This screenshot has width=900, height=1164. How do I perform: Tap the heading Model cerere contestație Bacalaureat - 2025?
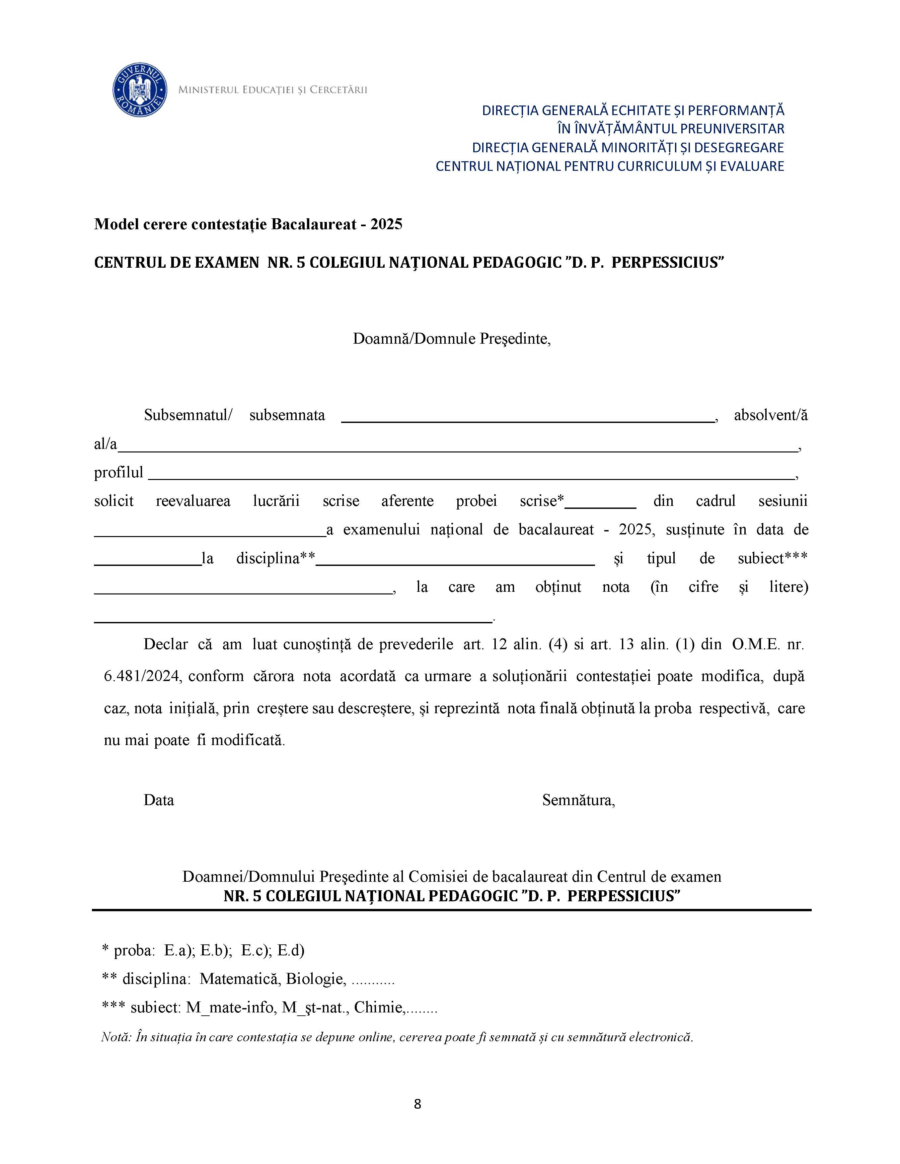[248, 224]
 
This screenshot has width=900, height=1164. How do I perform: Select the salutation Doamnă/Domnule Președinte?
[451, 339]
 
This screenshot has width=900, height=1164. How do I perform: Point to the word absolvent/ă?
[771, 415]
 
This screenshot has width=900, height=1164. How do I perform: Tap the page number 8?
[417, 1103]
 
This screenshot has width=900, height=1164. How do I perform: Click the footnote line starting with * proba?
[203, 950]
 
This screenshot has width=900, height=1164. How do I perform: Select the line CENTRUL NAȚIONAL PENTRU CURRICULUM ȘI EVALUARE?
[609, 166]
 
